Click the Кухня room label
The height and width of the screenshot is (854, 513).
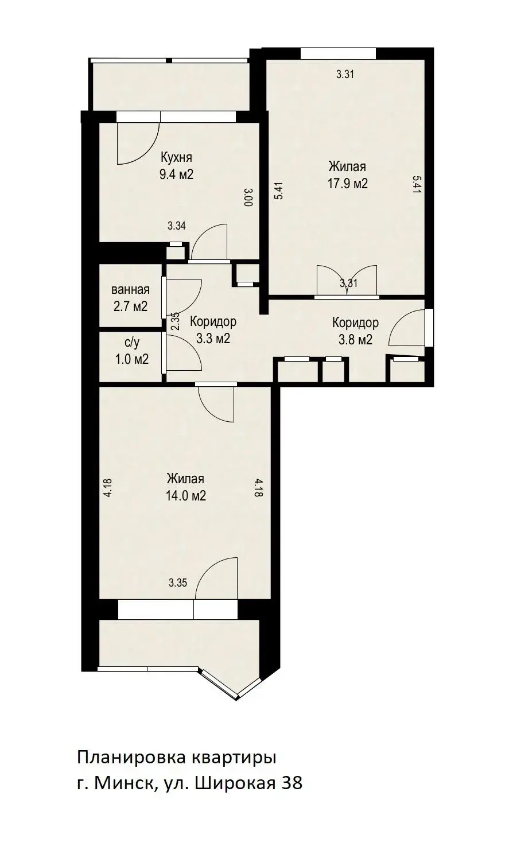coord(176,157)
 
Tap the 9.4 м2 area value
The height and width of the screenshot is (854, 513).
coord(177,174)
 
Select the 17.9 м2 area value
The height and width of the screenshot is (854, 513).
coord(348,184)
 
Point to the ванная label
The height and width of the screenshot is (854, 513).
coord(130,290)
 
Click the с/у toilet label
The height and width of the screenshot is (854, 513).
coord(132,343)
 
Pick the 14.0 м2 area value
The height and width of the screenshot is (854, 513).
coord(185,496)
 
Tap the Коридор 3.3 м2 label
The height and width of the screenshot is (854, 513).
coord(213,330)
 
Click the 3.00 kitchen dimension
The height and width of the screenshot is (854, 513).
coord(248,197)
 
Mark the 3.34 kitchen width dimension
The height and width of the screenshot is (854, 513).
coord(177,226)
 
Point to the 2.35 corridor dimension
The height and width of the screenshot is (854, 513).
coord(174,321)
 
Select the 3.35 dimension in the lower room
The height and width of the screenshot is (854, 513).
coord(178,583)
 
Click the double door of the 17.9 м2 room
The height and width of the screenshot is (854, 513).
coord(347,281)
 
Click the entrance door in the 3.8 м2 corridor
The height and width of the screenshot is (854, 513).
coord(407,327)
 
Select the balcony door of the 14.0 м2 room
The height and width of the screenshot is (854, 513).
coord(216,577)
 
